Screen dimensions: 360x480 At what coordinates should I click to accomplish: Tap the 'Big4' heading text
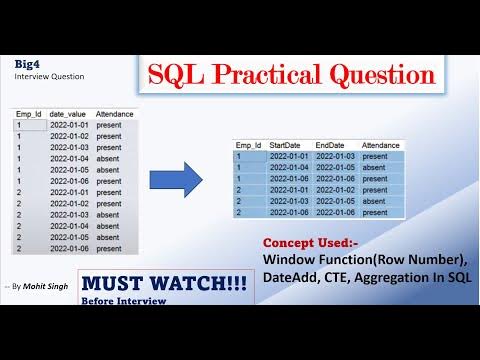[27, 63]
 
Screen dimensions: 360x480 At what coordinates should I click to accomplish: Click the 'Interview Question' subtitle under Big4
[49, 76]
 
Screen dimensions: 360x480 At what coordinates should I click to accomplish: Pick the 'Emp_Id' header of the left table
[28, 116]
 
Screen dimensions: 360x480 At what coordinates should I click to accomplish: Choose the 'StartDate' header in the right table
[287, 145]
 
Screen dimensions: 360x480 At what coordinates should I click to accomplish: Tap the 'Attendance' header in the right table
[381, 145]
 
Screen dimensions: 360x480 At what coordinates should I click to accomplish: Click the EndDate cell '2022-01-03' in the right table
[335, 156]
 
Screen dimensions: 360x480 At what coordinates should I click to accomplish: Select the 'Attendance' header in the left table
[116, 116]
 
